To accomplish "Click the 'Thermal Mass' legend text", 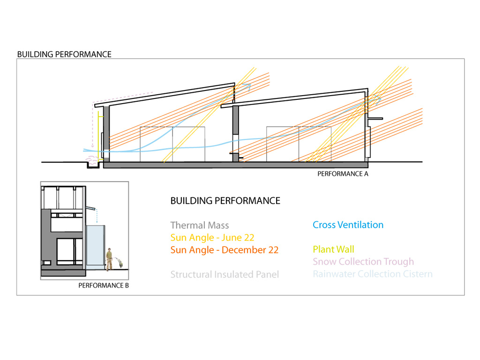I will pos(200,225).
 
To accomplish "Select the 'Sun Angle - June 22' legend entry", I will pos(212,238).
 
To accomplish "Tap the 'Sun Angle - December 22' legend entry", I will pos(224,250).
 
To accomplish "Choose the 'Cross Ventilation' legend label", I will pos(348,225).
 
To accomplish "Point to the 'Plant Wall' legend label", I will pos(333,249).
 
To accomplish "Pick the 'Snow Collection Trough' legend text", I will pos(363,262).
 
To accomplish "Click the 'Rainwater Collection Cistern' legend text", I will pos(372,274).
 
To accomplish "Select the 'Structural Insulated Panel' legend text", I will pos(224,274).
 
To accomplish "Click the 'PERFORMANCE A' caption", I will pos(343,174).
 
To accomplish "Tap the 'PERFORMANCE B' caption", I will pos(103,285).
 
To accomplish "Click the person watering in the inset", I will pos(110,259).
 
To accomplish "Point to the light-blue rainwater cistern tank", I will pos(96,247).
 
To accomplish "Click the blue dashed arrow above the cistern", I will pos(97,217).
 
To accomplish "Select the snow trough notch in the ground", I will pos(90,164).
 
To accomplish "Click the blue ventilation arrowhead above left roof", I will pos(248,86).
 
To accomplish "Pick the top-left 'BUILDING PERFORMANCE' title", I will pos(64,54).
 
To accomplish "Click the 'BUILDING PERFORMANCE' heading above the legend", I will pos(225,201).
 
